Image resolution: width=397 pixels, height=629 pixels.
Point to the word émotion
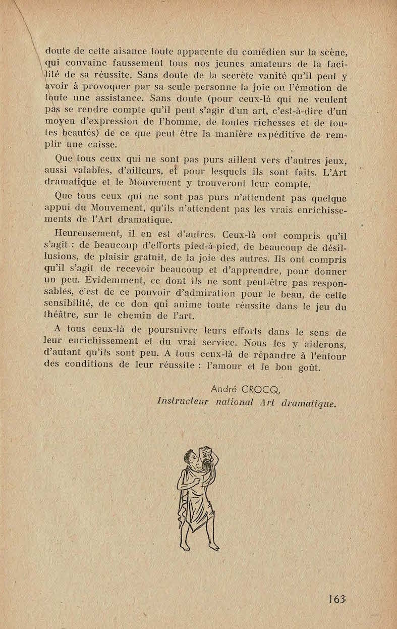click(311, 88)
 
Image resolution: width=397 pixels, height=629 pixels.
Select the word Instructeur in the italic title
click(184, 402)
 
